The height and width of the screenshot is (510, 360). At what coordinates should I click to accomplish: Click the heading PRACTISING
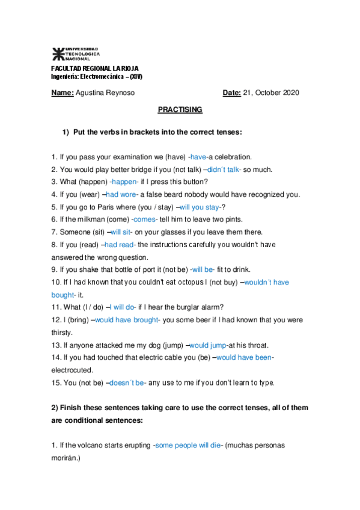pos(180,110)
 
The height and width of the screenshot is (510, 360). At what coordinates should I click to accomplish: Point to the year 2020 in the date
pos(290,93)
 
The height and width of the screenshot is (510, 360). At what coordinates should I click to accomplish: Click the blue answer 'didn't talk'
pos(224,170)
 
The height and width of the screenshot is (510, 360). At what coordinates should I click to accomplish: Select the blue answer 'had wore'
pos(121,194)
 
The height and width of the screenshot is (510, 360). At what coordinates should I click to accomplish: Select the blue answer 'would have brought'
pos(126,320)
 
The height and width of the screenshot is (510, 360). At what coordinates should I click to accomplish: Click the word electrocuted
pos(72,370)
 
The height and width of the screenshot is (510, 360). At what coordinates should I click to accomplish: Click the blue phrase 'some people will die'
pos(188,445)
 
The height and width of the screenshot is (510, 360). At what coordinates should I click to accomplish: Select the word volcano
pos(84,445)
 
